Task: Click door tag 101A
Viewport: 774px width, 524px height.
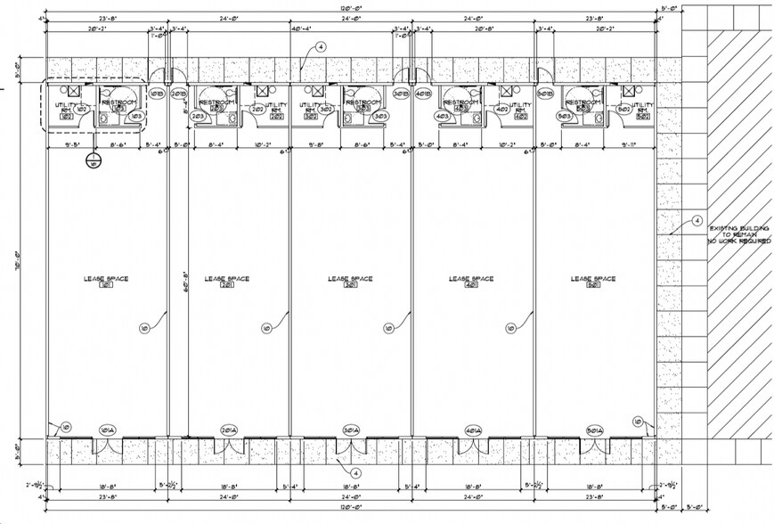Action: point(109,430)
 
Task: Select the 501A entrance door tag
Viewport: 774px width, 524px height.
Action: point(595,430)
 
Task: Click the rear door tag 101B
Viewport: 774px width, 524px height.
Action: point(157,94)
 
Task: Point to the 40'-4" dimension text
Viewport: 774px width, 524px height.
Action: point(303,29)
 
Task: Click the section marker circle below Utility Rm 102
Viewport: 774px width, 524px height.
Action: point(93,161)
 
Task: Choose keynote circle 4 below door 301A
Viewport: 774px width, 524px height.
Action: point(354,472)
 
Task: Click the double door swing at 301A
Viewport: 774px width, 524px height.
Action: point(350,446)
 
